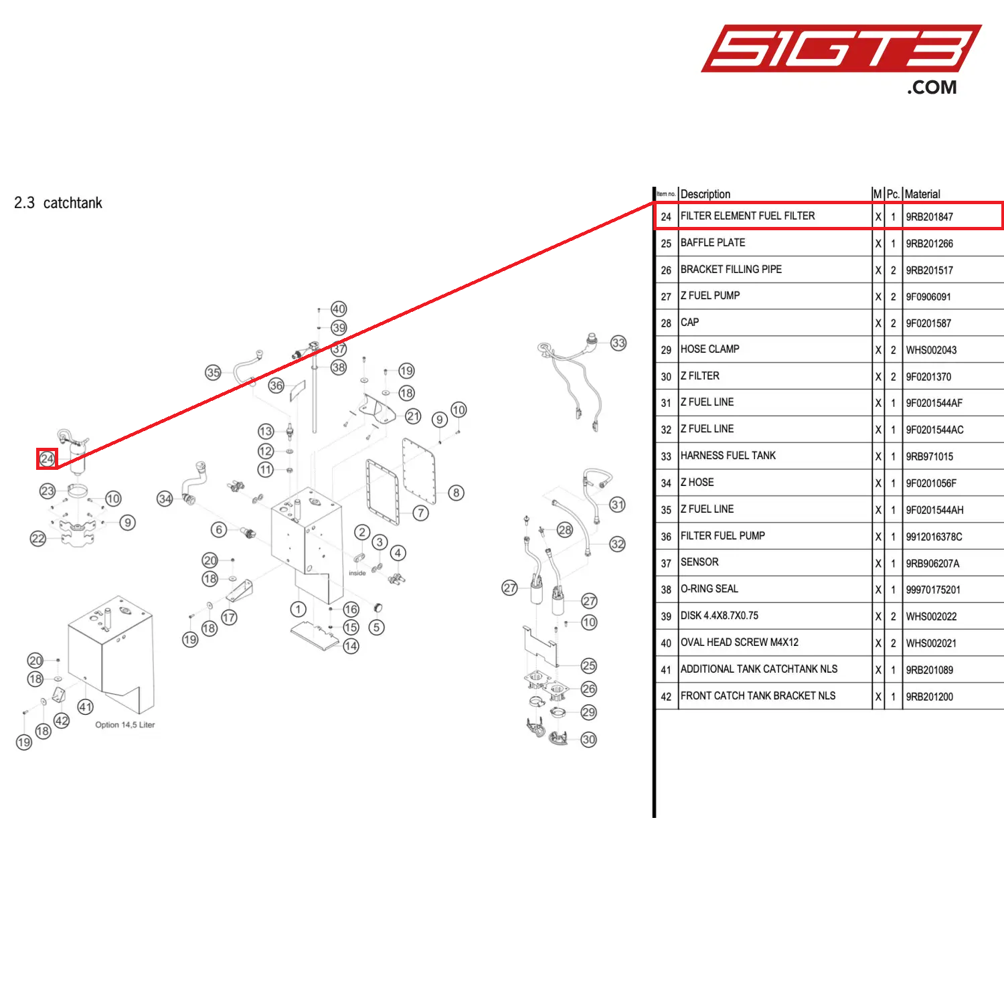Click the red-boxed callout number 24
(x=47, y=459)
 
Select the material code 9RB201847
(x=929, y=217)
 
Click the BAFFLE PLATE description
(x=713, y=243)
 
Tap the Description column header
(x=705, y=194)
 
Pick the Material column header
(x=922, y=194)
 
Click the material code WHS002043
(x=931, y=350)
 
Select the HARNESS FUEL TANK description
(x=728, y=456)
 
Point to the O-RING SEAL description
(x=709, y=589)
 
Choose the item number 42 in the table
(x=666, y=697)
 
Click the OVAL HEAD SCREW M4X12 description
(x=740, y=643)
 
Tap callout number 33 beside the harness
(x=618, y=343)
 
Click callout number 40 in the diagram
(x=339, y=309)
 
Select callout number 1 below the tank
(x=298, y=609)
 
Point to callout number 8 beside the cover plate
(x=456, y=493)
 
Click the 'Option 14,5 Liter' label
(x=125, y=725)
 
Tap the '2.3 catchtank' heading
(x=58, y=203)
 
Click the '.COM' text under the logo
(x=932, y=88)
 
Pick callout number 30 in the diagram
(x=588, y=740)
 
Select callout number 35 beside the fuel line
(x=213, y=373)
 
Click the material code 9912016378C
(x=934, y=537)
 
